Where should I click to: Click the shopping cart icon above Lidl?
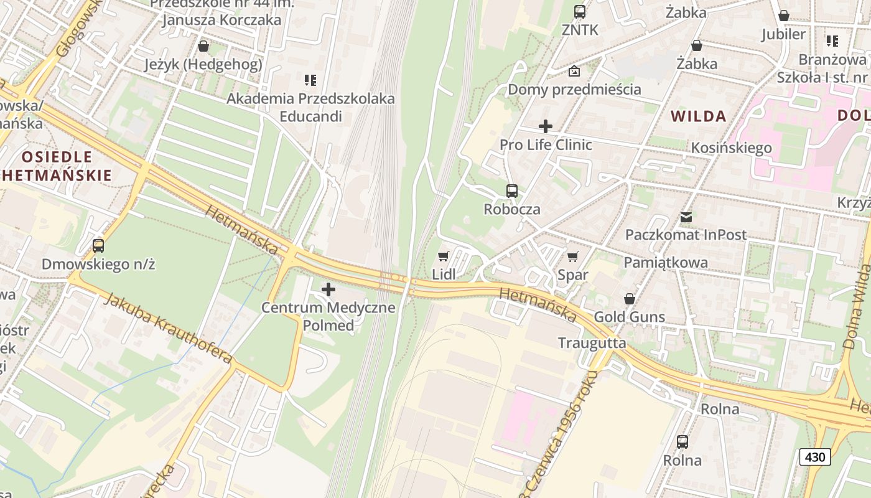click(444, 256)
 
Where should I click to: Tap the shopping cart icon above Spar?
click(573, 256)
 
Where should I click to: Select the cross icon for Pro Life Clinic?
click(546, 126)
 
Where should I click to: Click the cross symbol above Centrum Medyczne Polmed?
click(328, 289)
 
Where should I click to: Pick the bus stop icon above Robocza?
click(512, 191)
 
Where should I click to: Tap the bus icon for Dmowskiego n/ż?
click(98, 246)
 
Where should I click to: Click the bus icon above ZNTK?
click(580, 11)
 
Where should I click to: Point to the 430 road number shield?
click(814, 457)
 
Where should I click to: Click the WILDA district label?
click(699, 116)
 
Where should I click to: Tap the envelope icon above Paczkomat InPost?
click(686, 217)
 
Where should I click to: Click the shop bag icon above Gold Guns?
click(630, 299)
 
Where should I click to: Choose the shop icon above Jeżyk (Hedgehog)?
click(203, 46)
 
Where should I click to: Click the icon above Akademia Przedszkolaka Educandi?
click(310, 80)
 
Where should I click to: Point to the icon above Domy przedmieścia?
click(574, 71)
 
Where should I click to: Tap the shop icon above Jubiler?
click(784, 16)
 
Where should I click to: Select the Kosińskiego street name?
click(732, 148)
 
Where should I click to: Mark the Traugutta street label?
click(592, 343)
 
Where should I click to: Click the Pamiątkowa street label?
click(666, 262)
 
